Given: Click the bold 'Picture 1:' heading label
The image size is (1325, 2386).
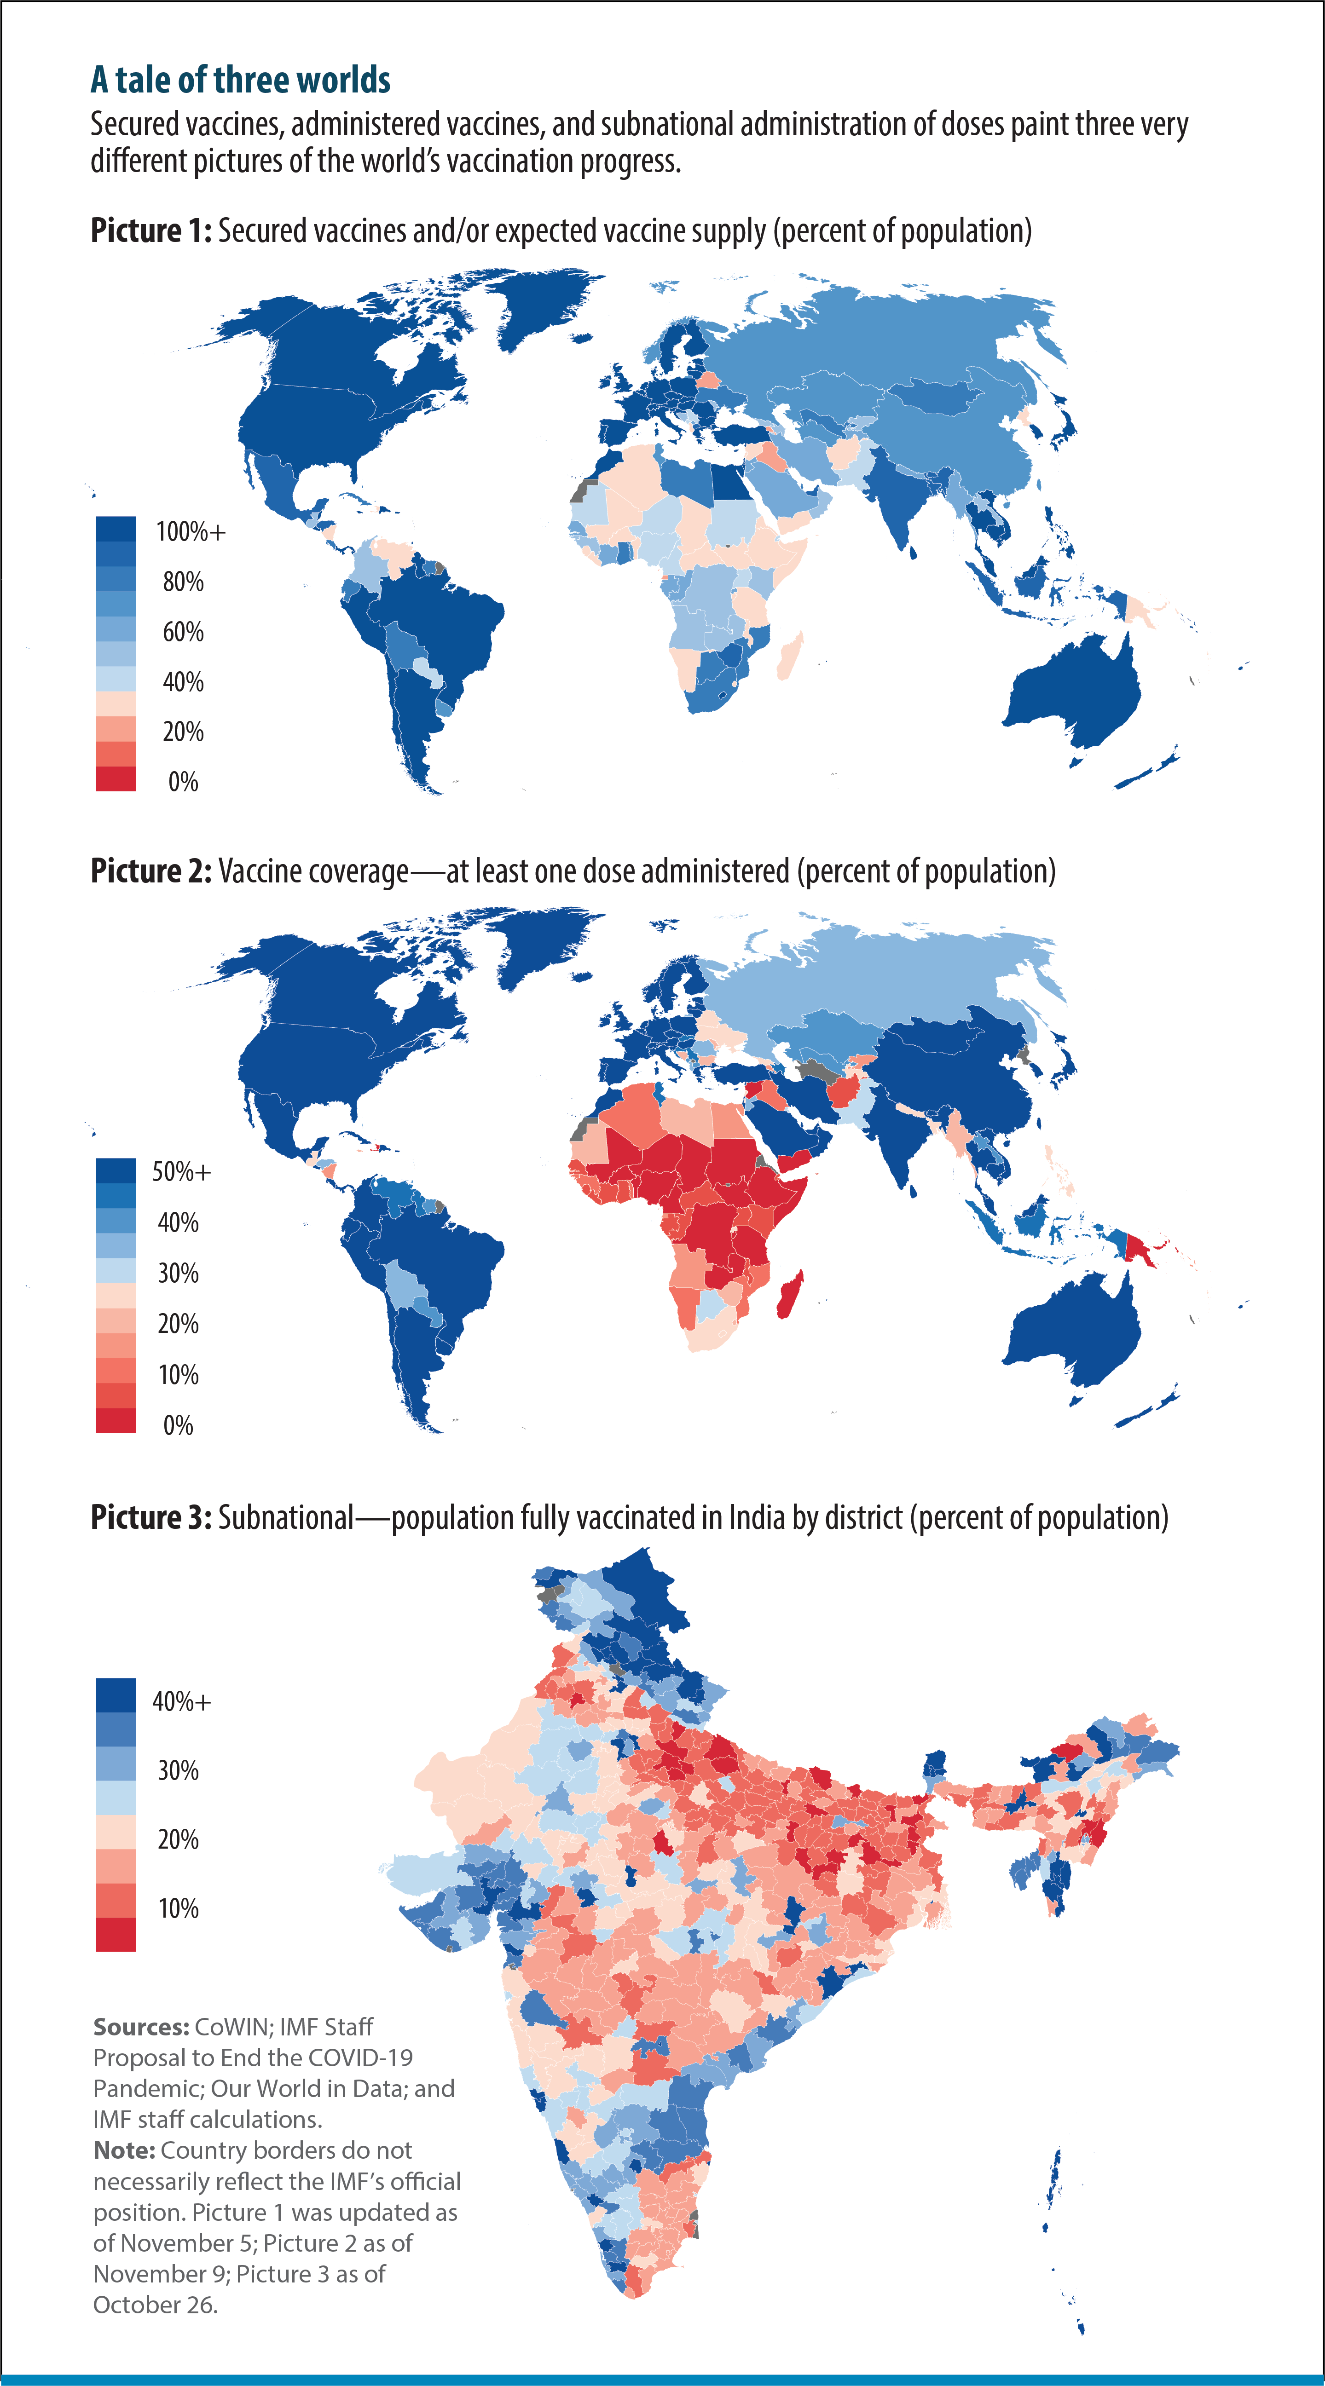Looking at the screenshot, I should click(x=151, y=231).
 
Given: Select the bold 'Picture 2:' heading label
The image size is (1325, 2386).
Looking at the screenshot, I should click(x=151, y=871).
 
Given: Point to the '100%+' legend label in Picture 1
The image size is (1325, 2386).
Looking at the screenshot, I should click(x=190, y=532).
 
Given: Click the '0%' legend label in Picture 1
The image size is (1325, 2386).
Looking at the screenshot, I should click(x=183, y=782).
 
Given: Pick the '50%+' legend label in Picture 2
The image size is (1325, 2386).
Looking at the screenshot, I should click(x=182, y=1172).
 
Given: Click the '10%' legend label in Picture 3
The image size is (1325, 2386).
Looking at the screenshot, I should click(x=178, y=1908).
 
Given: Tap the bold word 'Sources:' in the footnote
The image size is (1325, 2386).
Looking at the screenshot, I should click(x=141, y=2027).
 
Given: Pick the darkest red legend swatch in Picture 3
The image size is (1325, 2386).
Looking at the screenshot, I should click(x=116, y=1934).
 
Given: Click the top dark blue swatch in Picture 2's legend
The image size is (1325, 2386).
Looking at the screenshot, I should click(x=116, y=1170).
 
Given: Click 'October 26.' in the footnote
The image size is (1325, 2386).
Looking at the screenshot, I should click(x=155, y=2305).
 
